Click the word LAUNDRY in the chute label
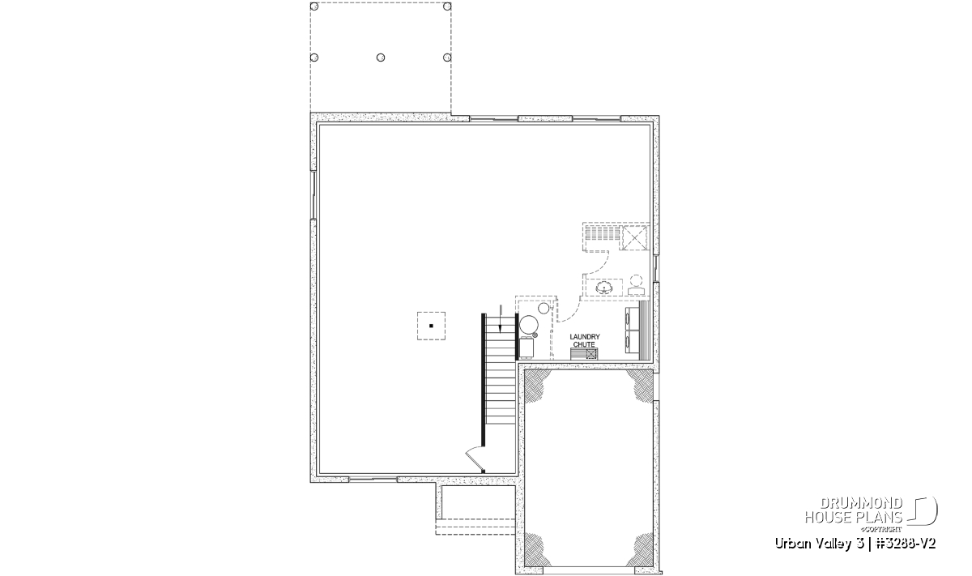pyautogui.click(x=585, y=336)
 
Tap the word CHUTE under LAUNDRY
pyautogui.click(x=584, y=344)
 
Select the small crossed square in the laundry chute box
pyautogui.click(x=591, y=354)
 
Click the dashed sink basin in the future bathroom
pyautogui.click(x=603, y=287)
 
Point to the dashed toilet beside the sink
pyautogui.click(x=636, y=284)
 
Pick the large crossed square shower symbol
pyautogui.click(x=635, y=238)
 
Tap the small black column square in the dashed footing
pyautogui.click(x=431, y=326)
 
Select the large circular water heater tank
pyautogui.click(x=529, y=325)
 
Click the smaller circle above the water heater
pyautogui.click(x=544, y=308)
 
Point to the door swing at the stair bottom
pyautogui.click(x=474, y=459)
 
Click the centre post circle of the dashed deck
pyautogui.click(x=381, y=58)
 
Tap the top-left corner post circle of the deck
pyautogui.click(x=314, y=6)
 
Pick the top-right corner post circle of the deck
pyautogui.click(x=447, y=6)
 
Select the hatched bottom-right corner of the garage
pyautogui.click(x=642, y=550)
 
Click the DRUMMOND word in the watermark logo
pyautogui.click(x=861, y=504)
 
